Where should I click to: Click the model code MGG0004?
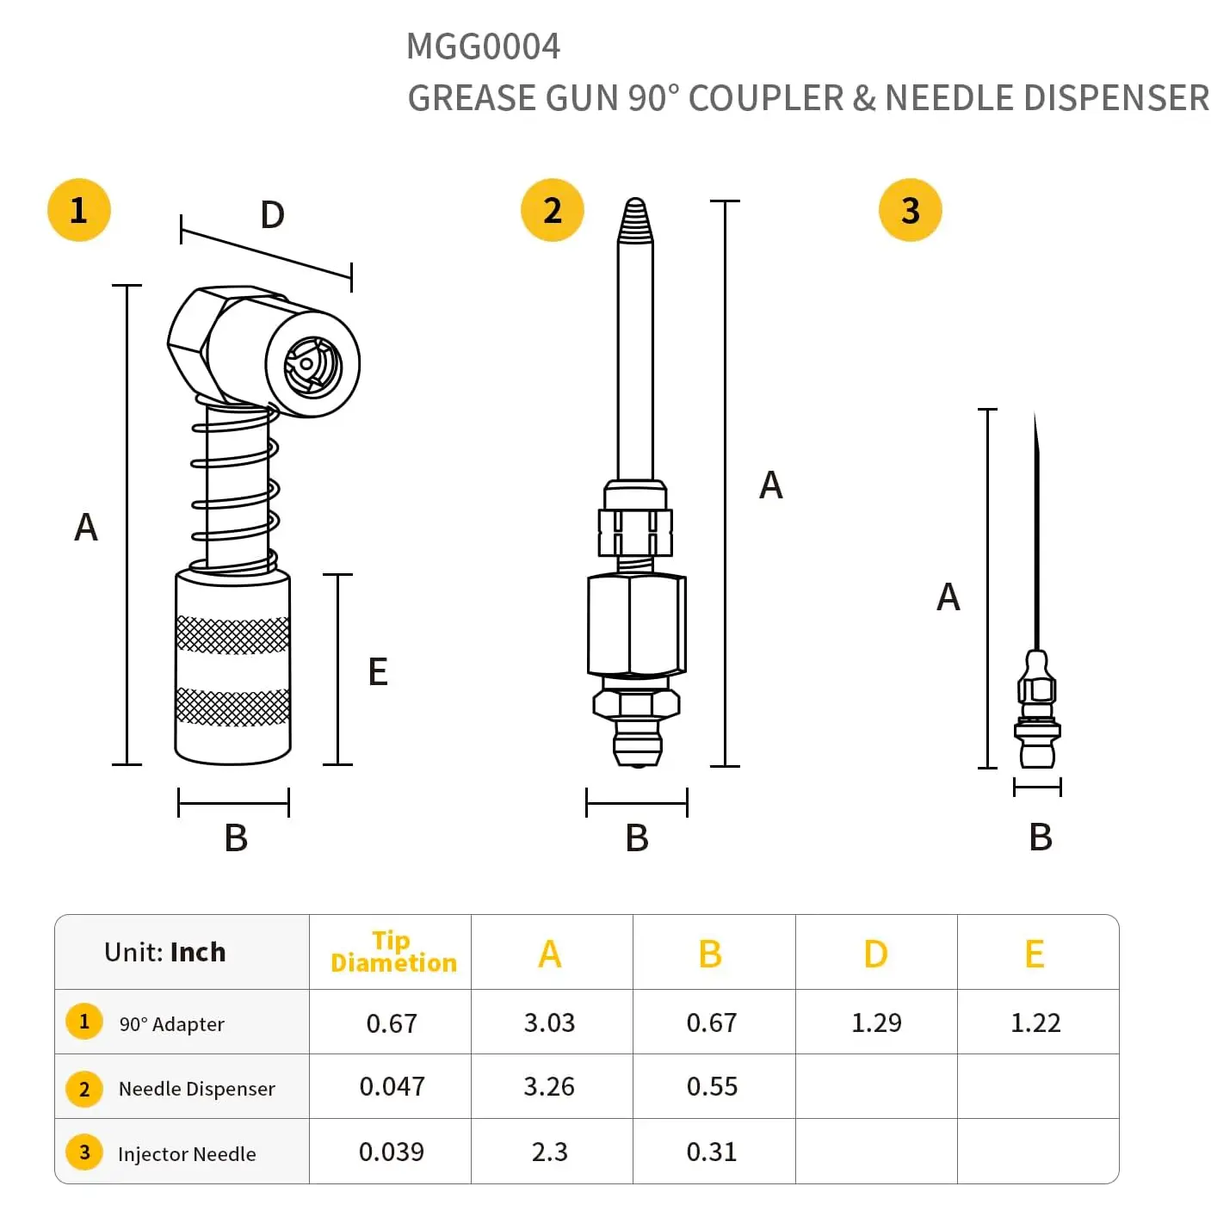tap(483, 46)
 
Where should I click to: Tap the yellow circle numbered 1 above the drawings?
tap(79, 210)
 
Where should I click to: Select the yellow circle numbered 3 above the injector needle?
tap(910, 210)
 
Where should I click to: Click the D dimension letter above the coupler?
tap(272, 215)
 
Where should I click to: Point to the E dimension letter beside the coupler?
tap(378, 672)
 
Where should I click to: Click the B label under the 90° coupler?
tap(236, 837)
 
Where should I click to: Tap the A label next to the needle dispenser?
tap(771, 485)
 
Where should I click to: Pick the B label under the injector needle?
tap(1041, 837)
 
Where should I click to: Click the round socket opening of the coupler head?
tap(312, 366)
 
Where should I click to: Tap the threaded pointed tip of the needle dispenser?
tap(635, 221)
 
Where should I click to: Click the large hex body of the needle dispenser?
tap(636, 624)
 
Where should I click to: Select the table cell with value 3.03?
tap(549, 1023)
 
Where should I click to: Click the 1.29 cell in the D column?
tap(876, 1023)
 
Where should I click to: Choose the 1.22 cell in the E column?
tap(1035, 1023)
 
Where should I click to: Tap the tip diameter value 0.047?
tap(392, 1086)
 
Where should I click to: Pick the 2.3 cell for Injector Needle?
tap(550, 1152)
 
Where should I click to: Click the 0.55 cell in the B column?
tap(712, 1086)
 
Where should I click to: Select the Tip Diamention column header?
tap(392, 952)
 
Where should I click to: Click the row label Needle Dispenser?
tap(196, 1089)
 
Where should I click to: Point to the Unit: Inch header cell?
tap(164, 952)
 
